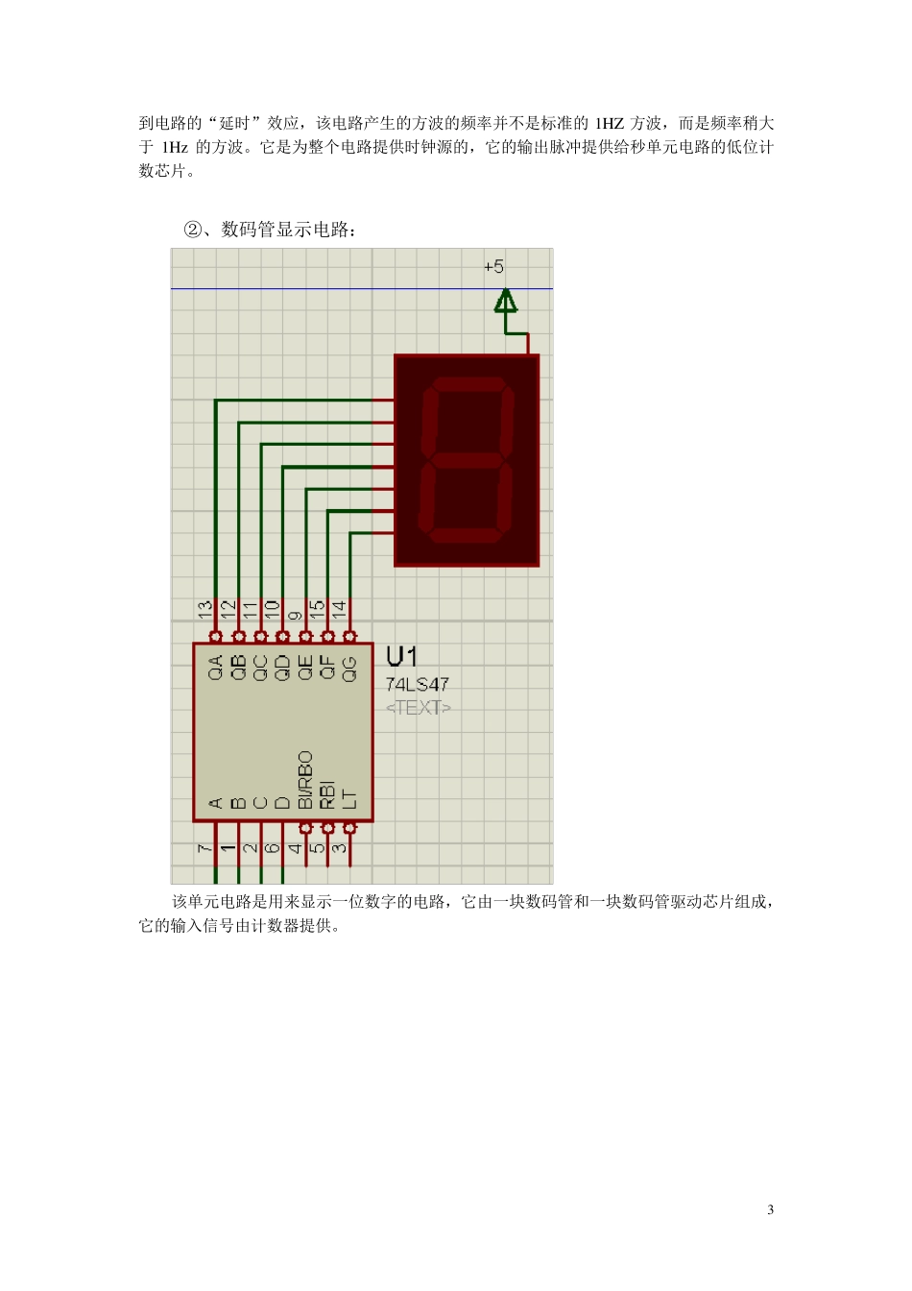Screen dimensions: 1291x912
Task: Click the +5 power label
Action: pyautogui.click(x=493, y=267)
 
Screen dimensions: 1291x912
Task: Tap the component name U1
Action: pyautogui.click(x=401, y=657)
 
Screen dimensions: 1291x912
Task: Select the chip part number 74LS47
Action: pyautogui.click(x=417, y=685)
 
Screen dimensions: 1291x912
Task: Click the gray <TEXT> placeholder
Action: pyautogui.click(x=418, y=708)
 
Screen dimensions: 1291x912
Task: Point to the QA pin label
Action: pyautogui.click(x=215, y=667)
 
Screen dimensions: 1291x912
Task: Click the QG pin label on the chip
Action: pyautogui.click(x=349, y=668)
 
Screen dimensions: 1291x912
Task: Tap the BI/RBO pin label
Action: pyautogui.click(x=305, y=780)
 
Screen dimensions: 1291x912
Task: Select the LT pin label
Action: pyautogui.click(x=349, y=798)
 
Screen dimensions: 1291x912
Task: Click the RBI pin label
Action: pyautogui.click(x=327, y=793)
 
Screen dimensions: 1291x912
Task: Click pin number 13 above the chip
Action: pyautogui.click(x=205, y=608)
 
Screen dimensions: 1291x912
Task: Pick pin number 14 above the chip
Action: pyautogui.click(x=339, y=608)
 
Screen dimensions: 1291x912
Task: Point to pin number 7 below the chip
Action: pyautogui.click(x=204, y=848)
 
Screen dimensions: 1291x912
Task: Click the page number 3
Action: pyautogui.click(x=770, y=1209)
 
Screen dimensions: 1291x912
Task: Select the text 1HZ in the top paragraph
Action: pyautogui.click(x=610, y=123)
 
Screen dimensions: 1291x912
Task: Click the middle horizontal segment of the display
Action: pyautogui.click(x=468, y=461)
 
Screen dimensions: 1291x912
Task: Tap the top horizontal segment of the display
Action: pyautogui.click(x=471, y=384)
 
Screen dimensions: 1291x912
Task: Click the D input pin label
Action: pyautogui.click(x=282, y=803)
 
